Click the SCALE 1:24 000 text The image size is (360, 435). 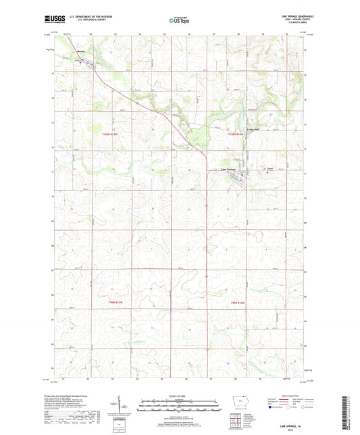coord(179,395)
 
